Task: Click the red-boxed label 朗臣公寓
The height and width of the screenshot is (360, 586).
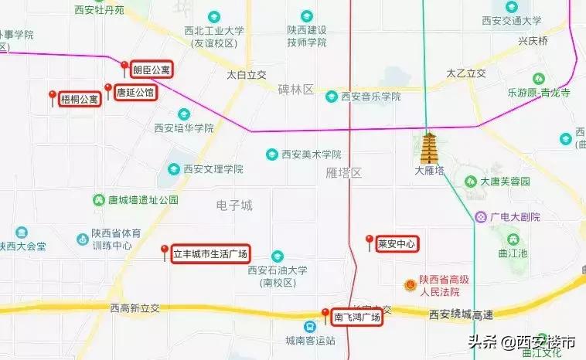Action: [x=151, y=70]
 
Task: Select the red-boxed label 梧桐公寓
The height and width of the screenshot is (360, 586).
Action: [x=80, y=99]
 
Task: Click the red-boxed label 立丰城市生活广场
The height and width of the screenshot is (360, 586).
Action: [x=210, y=253]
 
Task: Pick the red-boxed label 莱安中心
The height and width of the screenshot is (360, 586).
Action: [x=397, y=244]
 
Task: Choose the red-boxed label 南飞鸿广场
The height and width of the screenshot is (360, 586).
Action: [x=356, y=318]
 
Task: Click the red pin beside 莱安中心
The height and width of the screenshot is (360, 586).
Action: [x=370, y=241]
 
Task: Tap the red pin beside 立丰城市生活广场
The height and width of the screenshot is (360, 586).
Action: [x=164, y=251]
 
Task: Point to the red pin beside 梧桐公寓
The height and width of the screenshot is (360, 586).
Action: [x=53, y=97]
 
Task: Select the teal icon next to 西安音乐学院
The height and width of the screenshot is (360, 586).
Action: [x=332, y=97]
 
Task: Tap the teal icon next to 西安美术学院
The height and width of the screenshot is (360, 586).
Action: [x=271, y=155]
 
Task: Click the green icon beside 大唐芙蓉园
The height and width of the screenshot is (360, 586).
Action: [x=470, y=182]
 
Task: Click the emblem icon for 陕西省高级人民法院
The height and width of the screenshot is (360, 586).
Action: [x=409, y=285]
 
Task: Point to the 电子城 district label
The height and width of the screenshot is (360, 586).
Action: [x=234, y=205]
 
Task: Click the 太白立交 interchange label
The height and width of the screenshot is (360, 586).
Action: [x=246, y=75]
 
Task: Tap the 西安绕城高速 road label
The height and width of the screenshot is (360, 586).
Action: [x=462, y=314]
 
